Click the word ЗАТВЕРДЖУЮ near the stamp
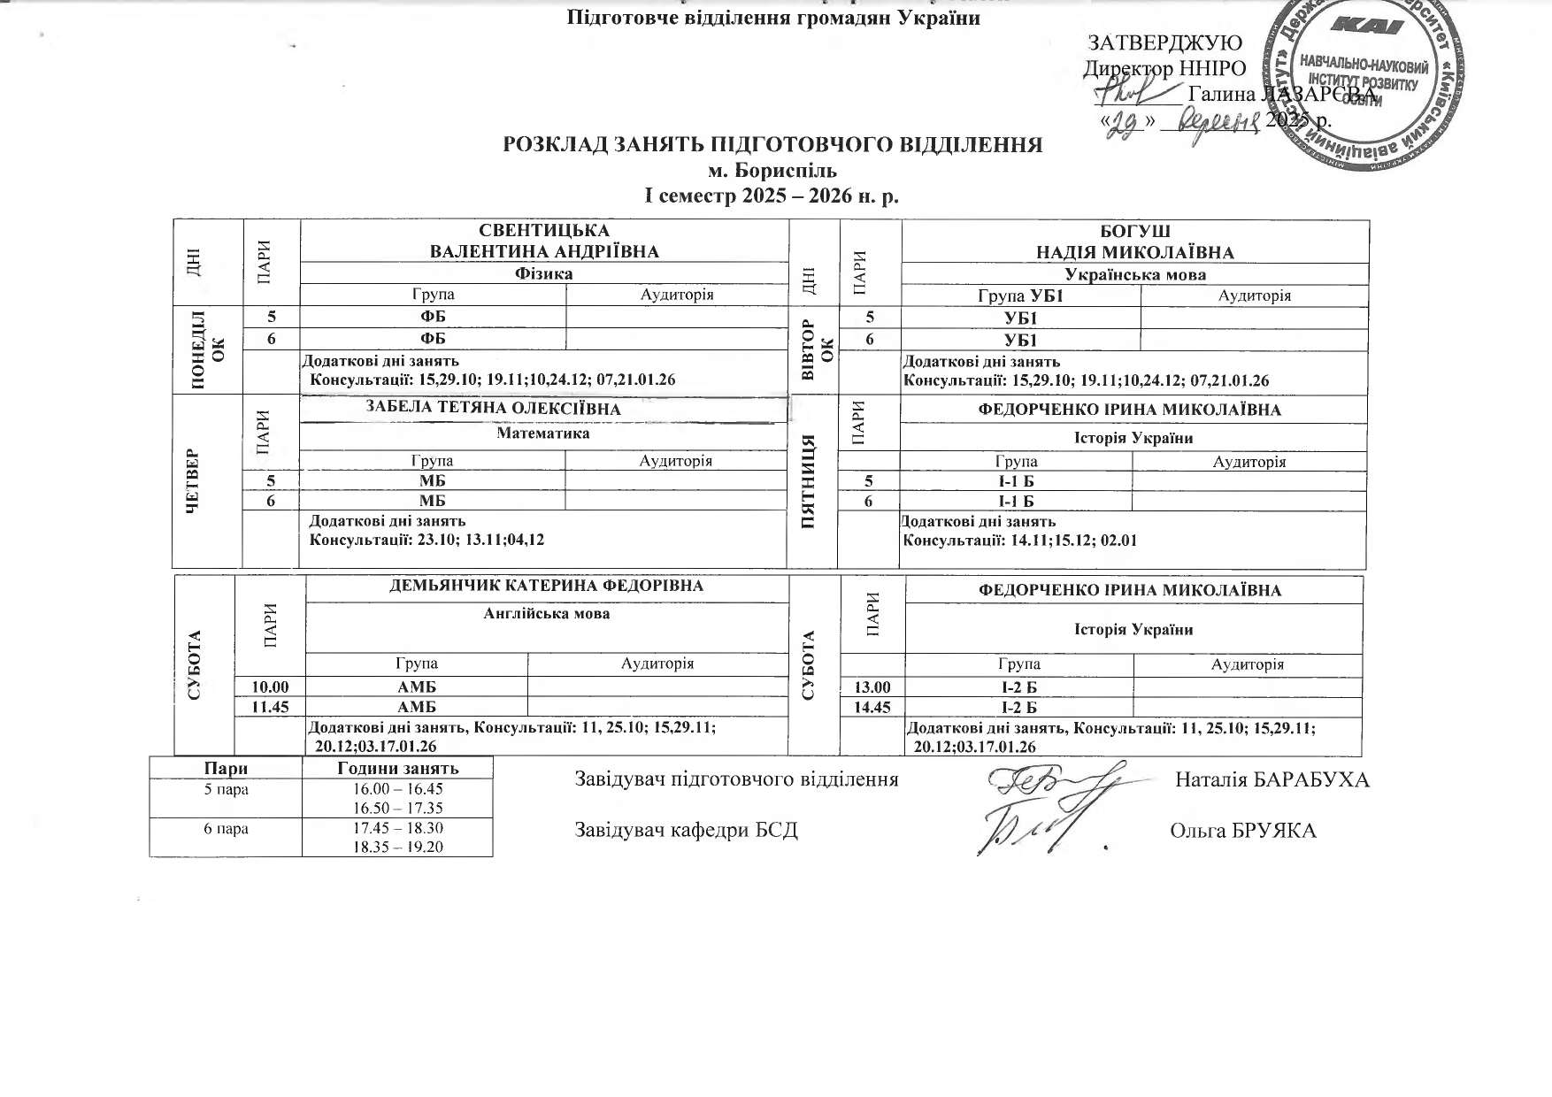pyautogui.click(x=1164, y=42)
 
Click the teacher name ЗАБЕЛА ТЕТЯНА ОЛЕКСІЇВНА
pyautogui.click(x=493, y=409)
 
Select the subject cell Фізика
pyautogui.click(x=543, y=273)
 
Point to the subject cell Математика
pyautogui.click(x=542, y=433)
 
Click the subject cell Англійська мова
pyautogui.click(x=547, y=613)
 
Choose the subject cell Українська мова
pyautogui.click(x=1134, y=274)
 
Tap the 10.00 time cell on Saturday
pyautogui.click(x=270, y=687)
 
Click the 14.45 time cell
pyautogui.click(x=872, y=707)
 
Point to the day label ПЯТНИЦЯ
pyautogui.click(x=808, y=481)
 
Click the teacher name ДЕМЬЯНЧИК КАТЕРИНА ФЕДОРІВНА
pyautogui.click(x=546, y=586)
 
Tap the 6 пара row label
pyautogui.click(x=226, y=829)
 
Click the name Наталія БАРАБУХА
pyautogui.click(x=1272, y=780)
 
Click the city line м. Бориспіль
pyautogui.click(x=772, y=170)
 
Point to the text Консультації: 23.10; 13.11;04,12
pyautogui.click(x=426, y=539)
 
